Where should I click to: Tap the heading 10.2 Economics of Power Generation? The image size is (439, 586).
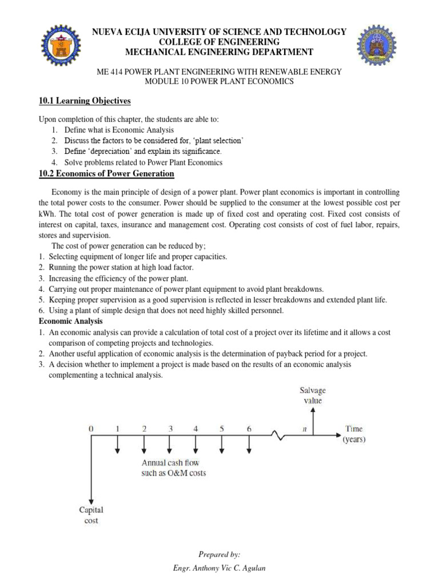tap(106, 173)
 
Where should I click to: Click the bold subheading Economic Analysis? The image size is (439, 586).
tap(70, 322)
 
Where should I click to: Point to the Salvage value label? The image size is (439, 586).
tap(313, 395)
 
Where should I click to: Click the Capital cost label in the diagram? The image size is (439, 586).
tap(91, 515)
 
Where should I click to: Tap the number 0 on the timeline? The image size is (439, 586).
tap(91, 428)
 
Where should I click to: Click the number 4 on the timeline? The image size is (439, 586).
tap(196, 428)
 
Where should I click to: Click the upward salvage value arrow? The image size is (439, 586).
tap(313, 421)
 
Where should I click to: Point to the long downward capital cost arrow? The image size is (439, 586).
tap(91, 469)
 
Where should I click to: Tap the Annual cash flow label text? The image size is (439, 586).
tap(174, 468)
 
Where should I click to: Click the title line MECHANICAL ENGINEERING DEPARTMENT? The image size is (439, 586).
tap(219, 53)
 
